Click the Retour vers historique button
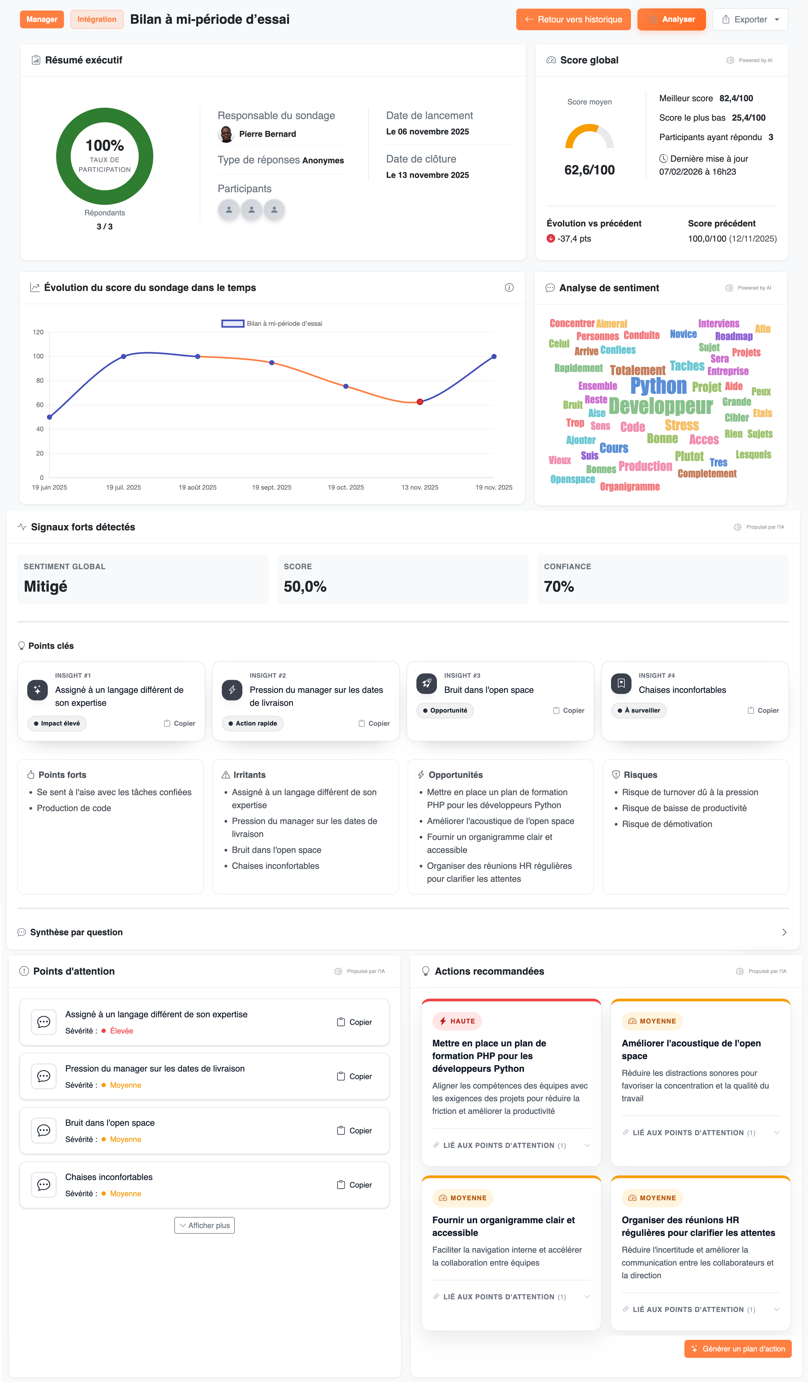click(573, 19)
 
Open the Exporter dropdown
click(750, 19)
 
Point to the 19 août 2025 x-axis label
click(198, 488)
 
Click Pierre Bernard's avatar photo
click(226, 134)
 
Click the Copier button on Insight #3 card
click(569, 710)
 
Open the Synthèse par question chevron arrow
click(784, 932)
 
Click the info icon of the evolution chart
click(509, 287)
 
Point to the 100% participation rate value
click(105, 146)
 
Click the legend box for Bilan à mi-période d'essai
click(233, 324)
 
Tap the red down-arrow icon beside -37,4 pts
click(551, 239)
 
